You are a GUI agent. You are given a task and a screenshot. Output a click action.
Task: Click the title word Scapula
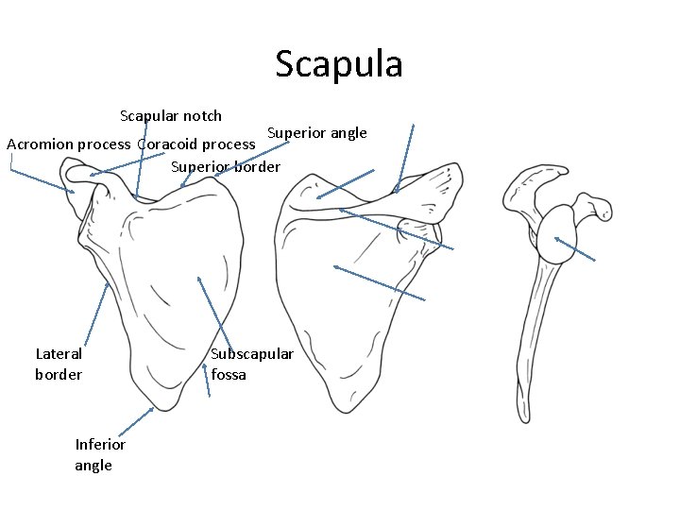pyautogui.click(x=339, y=64)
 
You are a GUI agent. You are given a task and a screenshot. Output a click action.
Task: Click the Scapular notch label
pyautogui.click(x=171, y=116)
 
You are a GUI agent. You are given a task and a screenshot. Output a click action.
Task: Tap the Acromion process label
pyautogui.click(x=68, y=144)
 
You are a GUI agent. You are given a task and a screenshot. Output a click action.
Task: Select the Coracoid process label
pyautogui.click(x=195, y=144)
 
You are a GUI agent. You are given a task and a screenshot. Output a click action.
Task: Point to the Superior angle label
pyautogui.click(x=316, y=132)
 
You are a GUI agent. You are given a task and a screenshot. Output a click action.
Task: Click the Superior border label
pyautogui.click(x=226, y=167)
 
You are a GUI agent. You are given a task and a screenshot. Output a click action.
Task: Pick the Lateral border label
pyautogui.click(x=59, y=365)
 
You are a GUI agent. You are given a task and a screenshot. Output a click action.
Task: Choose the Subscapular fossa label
pyautogui.click(x=251, y=365)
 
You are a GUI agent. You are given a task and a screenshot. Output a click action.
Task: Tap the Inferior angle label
pyautogui.click(x=100, y=454)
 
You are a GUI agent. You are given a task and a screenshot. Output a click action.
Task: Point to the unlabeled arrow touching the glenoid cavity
pyautogui.click(x=575, y=248)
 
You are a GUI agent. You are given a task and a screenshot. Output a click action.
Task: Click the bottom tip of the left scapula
pyautogui.click(x=165, y=408)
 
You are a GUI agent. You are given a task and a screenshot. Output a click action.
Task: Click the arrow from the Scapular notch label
pyautogui.click(x=142, y=161)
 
